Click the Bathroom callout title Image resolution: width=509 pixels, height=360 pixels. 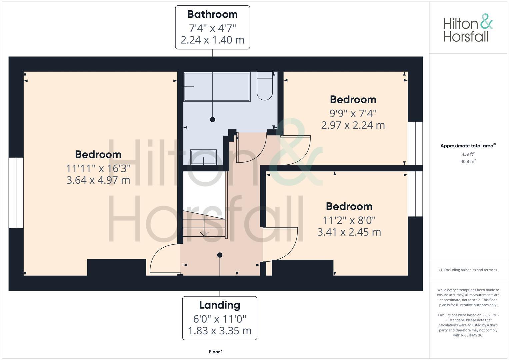click(212, 14)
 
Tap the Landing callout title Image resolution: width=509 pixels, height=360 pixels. click(220, 305)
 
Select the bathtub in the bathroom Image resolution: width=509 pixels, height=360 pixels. click(217, 87)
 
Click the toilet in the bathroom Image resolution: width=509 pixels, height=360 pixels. click(265, 86)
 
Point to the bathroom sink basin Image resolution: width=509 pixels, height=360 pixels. click(203, 157)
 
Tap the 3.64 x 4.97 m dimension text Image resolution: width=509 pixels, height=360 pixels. click(98, 180)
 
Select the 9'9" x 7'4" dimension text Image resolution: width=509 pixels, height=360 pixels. click(353, 114)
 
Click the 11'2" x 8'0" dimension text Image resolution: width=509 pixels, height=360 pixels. click(349, 220)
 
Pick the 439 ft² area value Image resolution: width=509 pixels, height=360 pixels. click(468, 154)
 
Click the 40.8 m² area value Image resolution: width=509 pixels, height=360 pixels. click(468, 162)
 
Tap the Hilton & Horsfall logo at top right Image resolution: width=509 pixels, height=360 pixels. click(468, 28)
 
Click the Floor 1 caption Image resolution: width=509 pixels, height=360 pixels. click(216, 352)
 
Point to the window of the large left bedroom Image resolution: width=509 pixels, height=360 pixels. click(16, 193)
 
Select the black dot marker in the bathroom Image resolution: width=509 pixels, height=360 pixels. click(213, 120)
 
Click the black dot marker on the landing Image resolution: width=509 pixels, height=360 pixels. click(220, 255)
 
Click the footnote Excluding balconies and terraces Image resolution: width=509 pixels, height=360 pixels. click(468, 270)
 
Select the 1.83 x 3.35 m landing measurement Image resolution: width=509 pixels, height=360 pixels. click(220, 331)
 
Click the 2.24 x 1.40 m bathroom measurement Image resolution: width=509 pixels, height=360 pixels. click(212, 40)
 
